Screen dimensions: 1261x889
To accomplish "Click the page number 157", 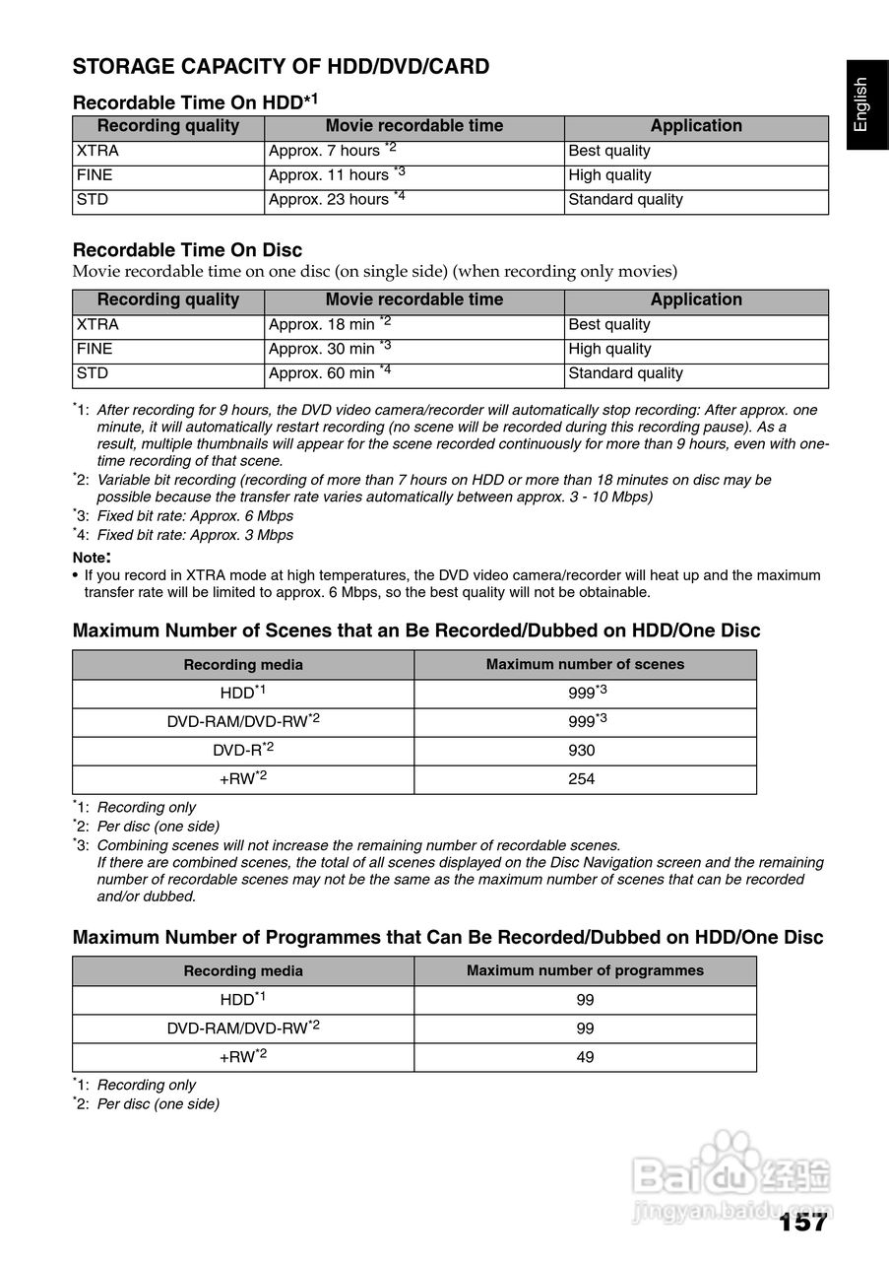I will click(x=802, y=1223).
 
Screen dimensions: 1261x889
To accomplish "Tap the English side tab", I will click(x=861, y=103).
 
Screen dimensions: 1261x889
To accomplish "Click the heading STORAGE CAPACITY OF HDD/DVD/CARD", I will click(x=281, y=67).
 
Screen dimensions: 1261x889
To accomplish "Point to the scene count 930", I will click(x=582, y=751).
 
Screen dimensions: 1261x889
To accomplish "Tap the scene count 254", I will click(x=582, y=779).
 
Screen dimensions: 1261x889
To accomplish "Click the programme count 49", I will click(x=585, y=1057).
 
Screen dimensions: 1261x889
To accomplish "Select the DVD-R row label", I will click(x=242, y=751).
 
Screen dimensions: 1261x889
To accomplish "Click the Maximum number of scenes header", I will click(x=585, y=664).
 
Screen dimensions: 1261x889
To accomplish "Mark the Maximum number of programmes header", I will click(x=585, y=970).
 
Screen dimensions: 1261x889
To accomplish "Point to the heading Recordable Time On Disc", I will click(x=187, y=250).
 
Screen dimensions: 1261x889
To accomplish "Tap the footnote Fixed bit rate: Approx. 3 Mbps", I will click(x=195, y=535).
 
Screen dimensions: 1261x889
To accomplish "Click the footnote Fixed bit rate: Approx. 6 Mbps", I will click(x=195, y=516).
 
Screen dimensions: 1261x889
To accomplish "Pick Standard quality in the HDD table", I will click(x=625, y=200).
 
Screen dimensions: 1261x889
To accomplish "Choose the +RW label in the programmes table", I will click(x=242, y=1057).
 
